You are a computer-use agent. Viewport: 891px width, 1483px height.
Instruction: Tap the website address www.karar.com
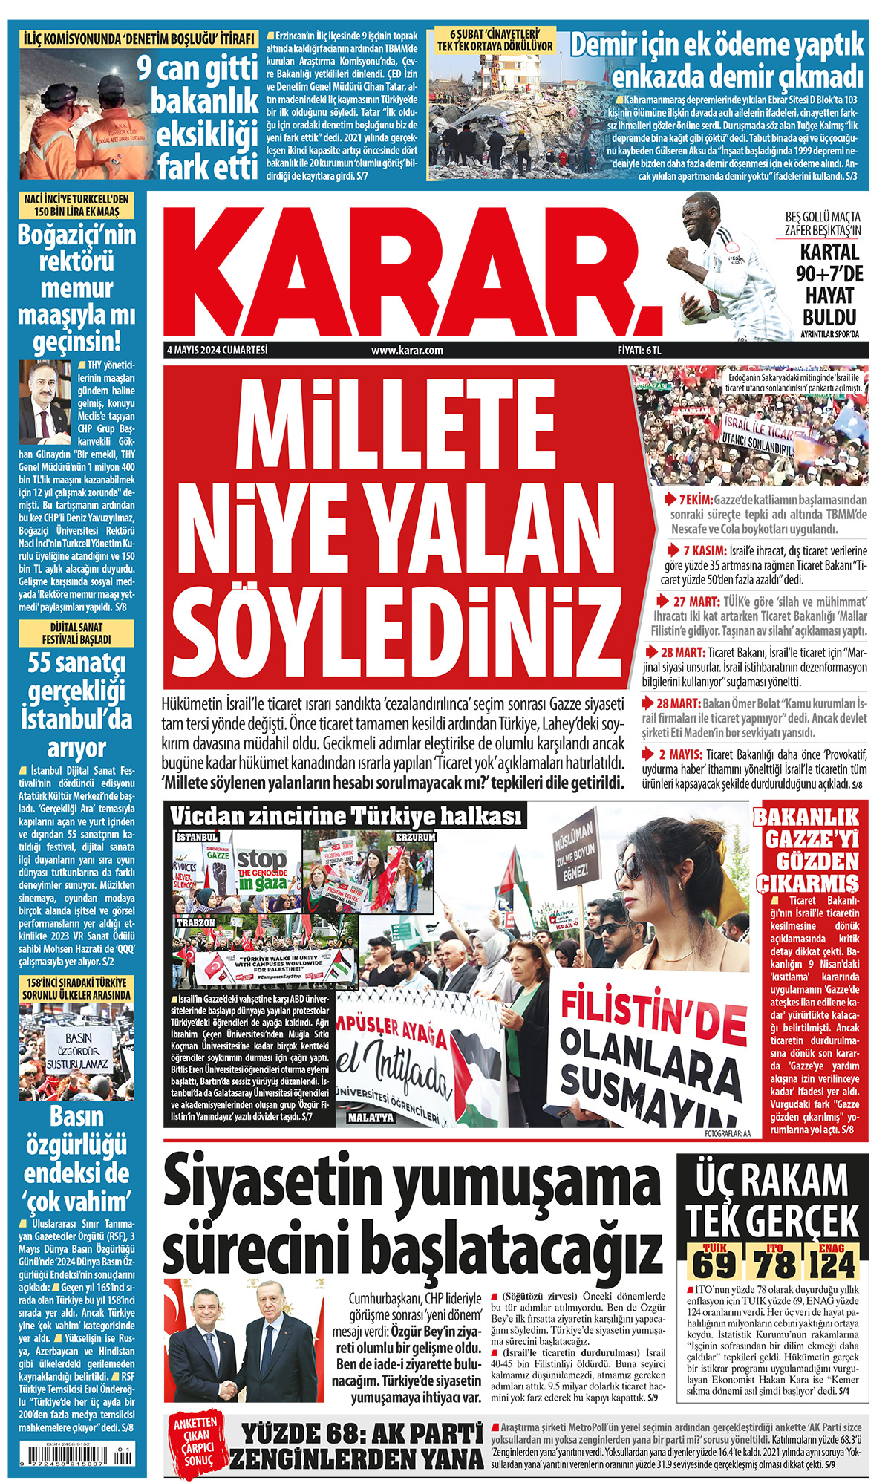tap(407, 351)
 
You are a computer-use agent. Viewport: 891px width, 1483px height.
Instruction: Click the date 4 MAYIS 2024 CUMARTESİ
tap(217, 350)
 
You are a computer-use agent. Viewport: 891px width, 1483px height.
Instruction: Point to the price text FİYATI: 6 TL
tap(639, 351)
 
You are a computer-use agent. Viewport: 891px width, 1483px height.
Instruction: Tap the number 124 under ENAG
tap(833, 1265)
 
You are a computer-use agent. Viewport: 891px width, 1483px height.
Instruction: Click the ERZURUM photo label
tap(416, 837)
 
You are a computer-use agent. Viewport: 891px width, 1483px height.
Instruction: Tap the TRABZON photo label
tap(196, 922)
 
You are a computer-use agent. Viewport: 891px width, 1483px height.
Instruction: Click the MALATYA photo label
tap(371, 1118)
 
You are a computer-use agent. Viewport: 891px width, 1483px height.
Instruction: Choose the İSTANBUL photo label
tap(197, 837)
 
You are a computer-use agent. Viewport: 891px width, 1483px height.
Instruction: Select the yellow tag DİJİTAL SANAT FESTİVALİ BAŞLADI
tap(76, 633)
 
